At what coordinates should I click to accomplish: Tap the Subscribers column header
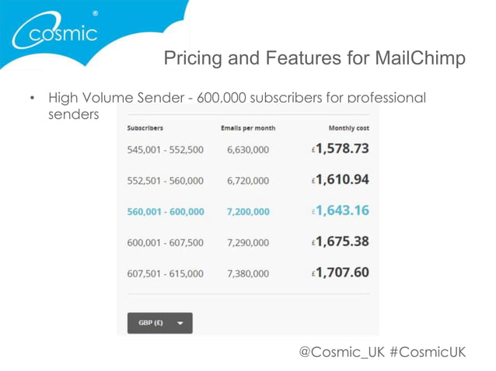click(145, 127)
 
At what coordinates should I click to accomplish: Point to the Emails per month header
click(248, 127)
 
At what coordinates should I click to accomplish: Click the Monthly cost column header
click(348, 127)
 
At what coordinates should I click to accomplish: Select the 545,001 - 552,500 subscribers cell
click(165, 150)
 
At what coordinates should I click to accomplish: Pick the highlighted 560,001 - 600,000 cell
click(165, 212)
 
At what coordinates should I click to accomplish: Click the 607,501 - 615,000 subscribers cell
click(165, 273)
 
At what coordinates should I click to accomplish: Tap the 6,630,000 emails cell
click(248, 150)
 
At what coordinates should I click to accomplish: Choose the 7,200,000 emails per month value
click(248, 212)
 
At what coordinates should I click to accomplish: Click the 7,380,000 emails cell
click(248, 273)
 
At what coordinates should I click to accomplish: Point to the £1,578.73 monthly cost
click(341, 148)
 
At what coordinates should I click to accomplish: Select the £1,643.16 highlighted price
click(341, 210)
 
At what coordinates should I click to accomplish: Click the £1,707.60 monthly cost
click(341, 272)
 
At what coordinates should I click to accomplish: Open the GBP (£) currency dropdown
click(159, 323)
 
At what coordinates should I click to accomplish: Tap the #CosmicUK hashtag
click(427, 352)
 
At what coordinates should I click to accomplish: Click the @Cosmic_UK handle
click(341, 352)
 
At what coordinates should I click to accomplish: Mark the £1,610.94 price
click(341, 179)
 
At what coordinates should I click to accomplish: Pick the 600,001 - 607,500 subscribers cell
click(165, 243)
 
